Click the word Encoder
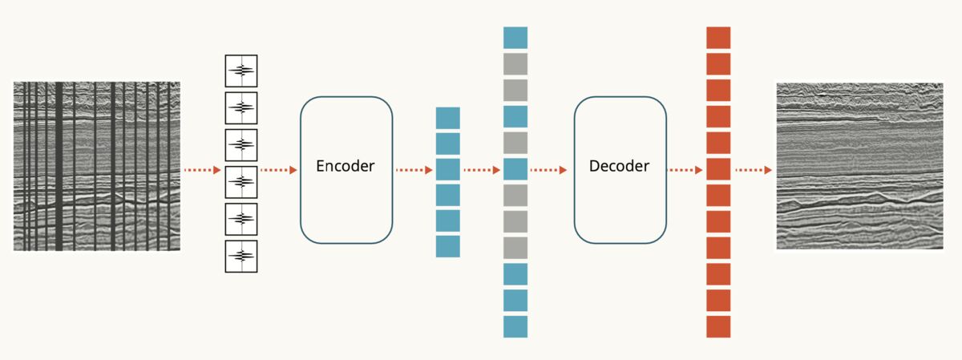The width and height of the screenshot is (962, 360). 346,166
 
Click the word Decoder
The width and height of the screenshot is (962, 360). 619,166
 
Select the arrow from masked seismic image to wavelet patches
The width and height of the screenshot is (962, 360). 203,170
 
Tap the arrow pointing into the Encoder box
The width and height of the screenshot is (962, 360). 279,170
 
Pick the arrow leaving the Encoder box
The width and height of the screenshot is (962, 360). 414,170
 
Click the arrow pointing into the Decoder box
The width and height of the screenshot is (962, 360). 549,170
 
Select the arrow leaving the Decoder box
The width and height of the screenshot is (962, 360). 685,170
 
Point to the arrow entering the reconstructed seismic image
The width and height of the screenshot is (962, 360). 754,170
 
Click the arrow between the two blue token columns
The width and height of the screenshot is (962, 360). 482,170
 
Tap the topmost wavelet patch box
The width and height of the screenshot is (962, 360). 241,71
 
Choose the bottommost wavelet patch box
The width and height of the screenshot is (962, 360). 241,257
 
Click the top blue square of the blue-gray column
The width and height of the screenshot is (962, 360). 515,38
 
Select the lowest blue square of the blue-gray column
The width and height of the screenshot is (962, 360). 515,327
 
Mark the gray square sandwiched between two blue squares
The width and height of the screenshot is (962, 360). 515,143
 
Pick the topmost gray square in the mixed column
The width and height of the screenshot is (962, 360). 515,64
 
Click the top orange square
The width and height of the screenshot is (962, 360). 718,38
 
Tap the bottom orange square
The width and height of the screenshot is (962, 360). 718,327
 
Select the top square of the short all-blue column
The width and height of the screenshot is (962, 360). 448,118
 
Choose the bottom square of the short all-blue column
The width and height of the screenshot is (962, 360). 448,246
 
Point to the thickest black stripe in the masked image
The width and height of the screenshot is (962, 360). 59,166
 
